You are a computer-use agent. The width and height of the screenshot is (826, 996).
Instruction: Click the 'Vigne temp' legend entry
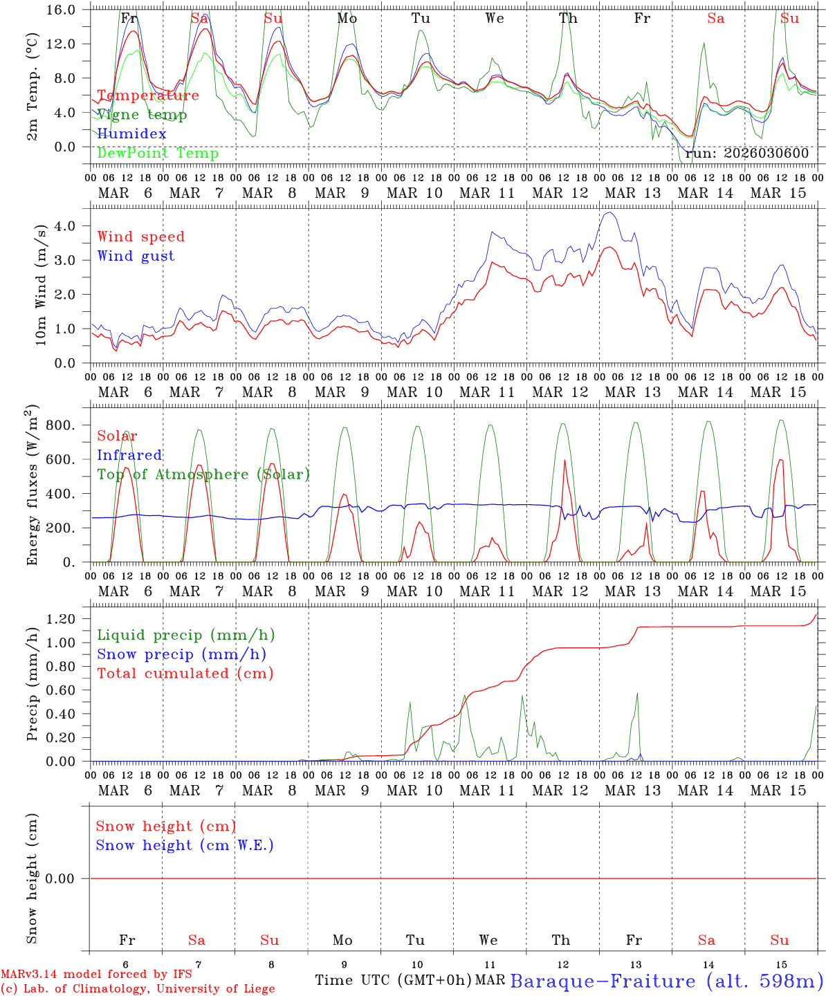point(142,115)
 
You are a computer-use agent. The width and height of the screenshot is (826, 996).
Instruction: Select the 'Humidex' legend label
point(131,134)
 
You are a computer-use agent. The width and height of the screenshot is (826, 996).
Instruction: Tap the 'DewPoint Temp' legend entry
point(158,154)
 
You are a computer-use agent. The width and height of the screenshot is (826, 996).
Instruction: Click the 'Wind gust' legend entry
point(136,256)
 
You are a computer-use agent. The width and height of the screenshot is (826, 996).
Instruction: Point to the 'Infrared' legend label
point(129,455)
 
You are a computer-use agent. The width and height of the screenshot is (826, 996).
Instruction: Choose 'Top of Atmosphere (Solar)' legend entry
point(203,474)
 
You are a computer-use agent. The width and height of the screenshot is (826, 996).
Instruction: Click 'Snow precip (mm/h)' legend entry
point(181,654)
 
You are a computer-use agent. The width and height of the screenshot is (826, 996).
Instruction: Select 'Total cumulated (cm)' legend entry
point(185,674)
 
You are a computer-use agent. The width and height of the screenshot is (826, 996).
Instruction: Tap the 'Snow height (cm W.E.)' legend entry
point(184,845)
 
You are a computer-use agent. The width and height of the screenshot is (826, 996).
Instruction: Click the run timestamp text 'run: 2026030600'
point(747,154)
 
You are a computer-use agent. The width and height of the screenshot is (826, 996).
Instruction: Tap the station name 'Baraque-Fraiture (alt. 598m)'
point(666,981)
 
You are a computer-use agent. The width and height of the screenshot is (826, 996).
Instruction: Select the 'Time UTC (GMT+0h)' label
point(393,980)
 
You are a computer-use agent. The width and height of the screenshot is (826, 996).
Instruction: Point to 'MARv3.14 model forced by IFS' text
point(96,975)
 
